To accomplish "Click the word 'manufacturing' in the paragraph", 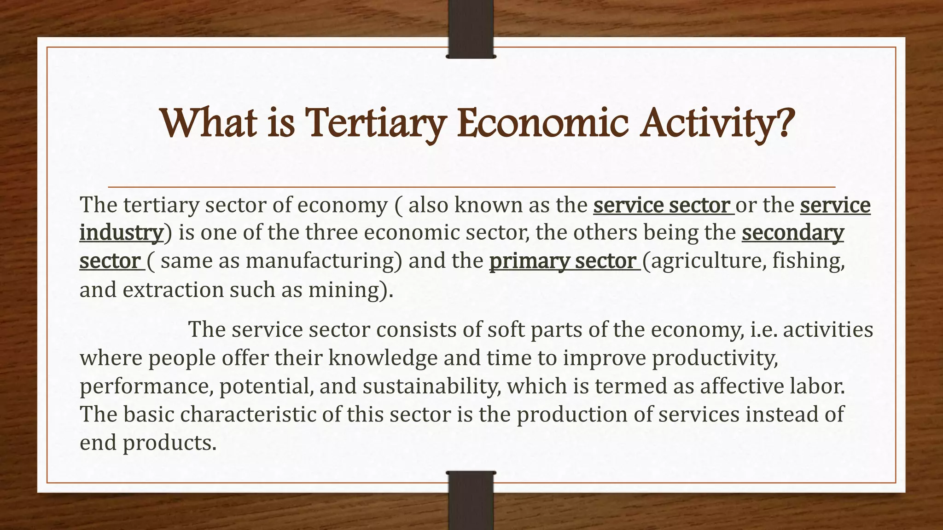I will click(x=320, y=261).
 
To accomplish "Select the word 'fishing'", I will click(x=808, y=261).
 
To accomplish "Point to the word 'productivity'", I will click(x=714, y=358).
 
